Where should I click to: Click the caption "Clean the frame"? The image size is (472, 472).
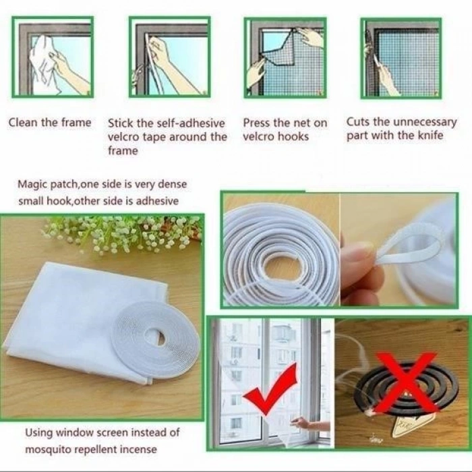[49, 123]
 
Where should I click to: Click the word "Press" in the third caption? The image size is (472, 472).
[257, 123]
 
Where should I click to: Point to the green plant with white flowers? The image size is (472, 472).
[121, 233]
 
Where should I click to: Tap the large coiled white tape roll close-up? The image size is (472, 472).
[280, 253]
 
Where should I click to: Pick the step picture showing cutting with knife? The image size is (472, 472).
[401, 58]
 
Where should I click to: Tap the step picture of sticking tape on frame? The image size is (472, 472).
[169, 58]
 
